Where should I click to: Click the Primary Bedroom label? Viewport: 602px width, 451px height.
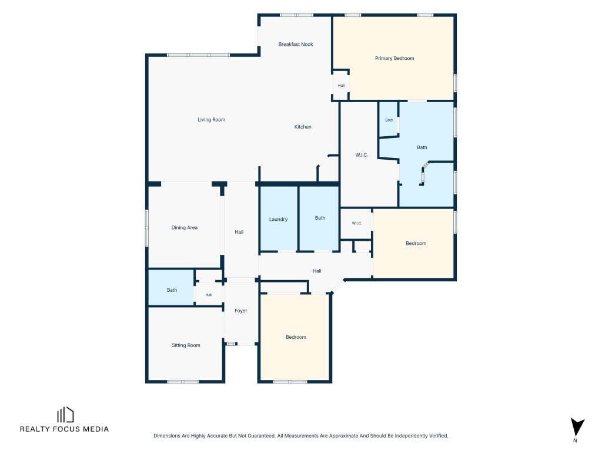click(x=394, y=58)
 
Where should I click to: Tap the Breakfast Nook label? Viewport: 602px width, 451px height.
click(x=296, y=44)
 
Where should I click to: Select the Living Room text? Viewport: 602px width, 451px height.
click(x=211, y=120)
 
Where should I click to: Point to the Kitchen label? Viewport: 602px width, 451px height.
click(x=303, y=127)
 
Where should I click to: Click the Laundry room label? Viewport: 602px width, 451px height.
click(x=278, y=220)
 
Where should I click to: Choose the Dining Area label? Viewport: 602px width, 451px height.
click(x=184, y=228)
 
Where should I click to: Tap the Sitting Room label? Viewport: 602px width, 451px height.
click(x=186, y=345)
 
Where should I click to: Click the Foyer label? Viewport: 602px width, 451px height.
click(x=240, y=311)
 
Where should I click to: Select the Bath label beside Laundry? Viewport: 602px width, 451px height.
click(x=320, y=218)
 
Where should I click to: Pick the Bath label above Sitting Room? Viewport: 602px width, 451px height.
click(x=172, y=290)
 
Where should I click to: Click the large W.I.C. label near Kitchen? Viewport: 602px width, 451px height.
click(x=362, y=155)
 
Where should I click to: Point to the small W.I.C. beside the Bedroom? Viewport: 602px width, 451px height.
click(x=357, y=223)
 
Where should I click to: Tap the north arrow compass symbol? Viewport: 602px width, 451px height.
click(x=577, y=428)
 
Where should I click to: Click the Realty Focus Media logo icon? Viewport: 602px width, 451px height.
click(x=65, y=415)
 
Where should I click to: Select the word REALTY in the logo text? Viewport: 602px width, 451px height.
click(x=34, y=429)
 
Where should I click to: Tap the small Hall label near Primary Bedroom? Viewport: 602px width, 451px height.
click(x=341, y=86)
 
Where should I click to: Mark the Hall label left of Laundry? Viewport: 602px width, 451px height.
click(x=239, y=232)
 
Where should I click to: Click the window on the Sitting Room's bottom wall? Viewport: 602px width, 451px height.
click(x=183, y=382)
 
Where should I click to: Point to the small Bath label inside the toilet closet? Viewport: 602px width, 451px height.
click(x=389, y=120)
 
